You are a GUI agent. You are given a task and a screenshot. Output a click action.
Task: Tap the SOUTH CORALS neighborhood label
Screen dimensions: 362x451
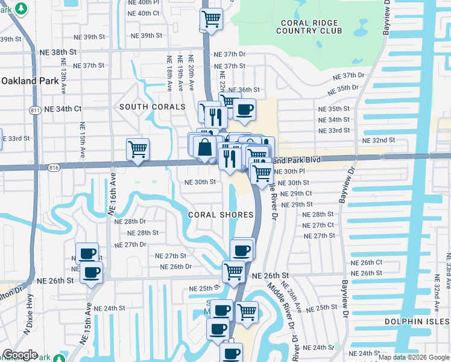click(x=153, y=107)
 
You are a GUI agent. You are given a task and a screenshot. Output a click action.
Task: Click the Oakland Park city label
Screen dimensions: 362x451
click(x=29, y=80)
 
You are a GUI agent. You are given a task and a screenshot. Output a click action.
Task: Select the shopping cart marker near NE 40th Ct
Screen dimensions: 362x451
click(x=211, y=19)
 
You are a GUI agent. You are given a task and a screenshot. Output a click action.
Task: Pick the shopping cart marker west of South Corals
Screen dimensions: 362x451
click(x=138, y=149)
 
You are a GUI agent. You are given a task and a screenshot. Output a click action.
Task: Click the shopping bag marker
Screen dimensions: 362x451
click(x=205, y=147)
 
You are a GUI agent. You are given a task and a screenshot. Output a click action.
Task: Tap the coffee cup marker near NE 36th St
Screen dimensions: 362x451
click(x=244, y=110)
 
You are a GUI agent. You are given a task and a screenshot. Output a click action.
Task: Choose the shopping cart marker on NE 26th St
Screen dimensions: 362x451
click(x=233, y=271)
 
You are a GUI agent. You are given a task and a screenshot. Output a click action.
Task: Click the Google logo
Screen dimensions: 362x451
click(x=20, y=355)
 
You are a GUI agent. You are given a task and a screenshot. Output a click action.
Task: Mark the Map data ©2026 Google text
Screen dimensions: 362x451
click(x=414, y=357)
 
